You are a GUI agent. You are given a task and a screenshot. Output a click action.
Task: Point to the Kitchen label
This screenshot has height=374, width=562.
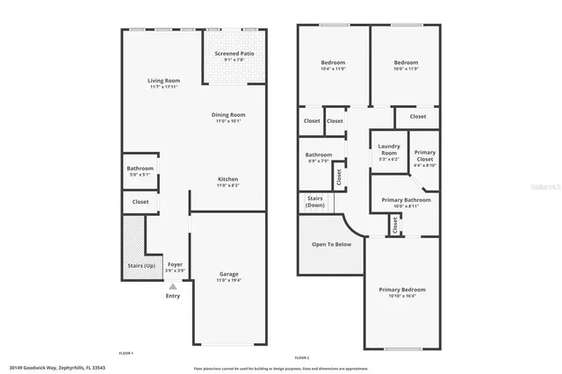click(228, 179)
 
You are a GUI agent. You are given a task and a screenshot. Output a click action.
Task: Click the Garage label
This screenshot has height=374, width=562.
click(228, 274)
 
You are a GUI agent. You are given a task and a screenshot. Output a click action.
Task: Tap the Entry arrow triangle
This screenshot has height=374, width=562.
click(173, 286)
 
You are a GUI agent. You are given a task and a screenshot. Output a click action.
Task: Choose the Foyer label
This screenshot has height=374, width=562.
click(175, 264)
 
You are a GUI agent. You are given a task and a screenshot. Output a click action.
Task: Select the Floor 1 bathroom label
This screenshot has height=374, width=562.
click(140, 168)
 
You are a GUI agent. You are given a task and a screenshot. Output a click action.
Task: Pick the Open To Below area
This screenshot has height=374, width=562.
click(332, 244)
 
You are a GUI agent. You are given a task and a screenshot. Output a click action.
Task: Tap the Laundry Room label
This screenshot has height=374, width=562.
click(389, 149)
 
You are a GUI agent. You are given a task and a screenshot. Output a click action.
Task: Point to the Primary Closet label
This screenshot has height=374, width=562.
click(424, 155)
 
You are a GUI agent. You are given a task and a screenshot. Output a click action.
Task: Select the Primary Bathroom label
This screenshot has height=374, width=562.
click(406, 199)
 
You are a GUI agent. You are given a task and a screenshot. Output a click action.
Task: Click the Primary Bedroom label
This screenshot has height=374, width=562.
click(402, 290)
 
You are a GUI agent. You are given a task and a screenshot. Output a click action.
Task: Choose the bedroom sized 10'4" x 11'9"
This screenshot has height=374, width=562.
click(333, 63)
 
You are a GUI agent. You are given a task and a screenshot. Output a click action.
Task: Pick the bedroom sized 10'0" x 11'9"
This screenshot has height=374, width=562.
click(406, 63)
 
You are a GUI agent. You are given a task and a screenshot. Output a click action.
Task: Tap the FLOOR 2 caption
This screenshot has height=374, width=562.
click(302, 358)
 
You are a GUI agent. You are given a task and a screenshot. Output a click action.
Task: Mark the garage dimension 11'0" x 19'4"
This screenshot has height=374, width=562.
click(228, 280)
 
